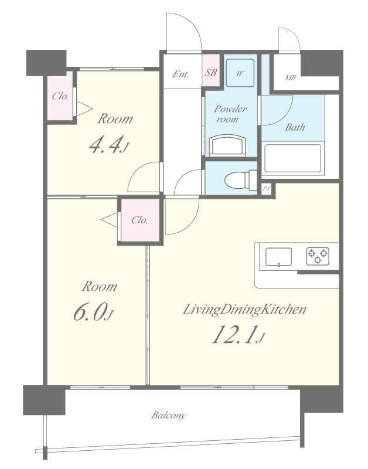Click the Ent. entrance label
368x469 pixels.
(x=180, y=74)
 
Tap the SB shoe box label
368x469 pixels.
(x=210, y=72)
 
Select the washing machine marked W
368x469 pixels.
(x=240, y=73)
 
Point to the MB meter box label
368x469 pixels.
(x=289, y=78)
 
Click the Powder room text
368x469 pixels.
(x=230, y=114)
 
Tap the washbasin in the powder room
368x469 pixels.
(x=228, y=145)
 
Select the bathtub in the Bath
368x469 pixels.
(x=292, y=158)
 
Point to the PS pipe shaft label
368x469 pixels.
(x=267, y=189)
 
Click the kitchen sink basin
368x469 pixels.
(x=278, y=257)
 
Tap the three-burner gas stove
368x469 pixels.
(x=318, y=256)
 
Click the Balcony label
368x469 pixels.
(x=168, y=416)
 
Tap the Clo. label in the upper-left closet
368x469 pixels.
(x=60, y=96)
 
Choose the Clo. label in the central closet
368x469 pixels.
(x=139, y=220)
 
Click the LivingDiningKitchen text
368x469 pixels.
(x=244, y=310)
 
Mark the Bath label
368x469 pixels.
(x=295, y=127)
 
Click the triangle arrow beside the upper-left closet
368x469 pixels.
(x=85, y=109)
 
